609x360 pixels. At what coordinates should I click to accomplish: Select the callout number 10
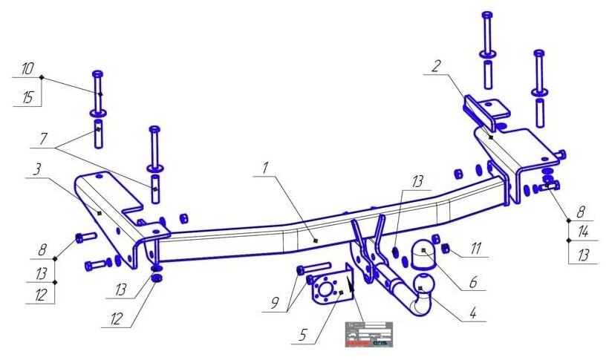coord(27,69)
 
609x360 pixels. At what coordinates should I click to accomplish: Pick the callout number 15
coord(27,96)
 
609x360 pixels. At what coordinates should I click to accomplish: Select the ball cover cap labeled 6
coord(421,253)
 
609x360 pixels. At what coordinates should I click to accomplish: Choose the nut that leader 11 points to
coord(448,248)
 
